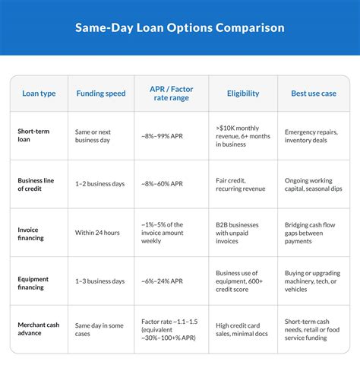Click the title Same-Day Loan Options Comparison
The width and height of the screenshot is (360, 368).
click(180, 28)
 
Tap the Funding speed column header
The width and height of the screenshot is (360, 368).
click(101, 94)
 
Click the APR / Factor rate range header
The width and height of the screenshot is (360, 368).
click(172, 94)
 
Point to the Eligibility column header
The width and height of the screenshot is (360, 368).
click(243, 94)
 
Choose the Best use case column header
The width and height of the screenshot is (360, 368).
click(314, 94)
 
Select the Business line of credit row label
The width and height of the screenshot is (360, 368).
click(36, 184)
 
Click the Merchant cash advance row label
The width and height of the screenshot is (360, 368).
click(39, 329)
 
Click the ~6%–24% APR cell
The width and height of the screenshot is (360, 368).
click(163, 281)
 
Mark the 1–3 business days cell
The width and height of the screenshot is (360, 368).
click(100, 281)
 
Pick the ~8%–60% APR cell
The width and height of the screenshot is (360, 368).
click(163, 184)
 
